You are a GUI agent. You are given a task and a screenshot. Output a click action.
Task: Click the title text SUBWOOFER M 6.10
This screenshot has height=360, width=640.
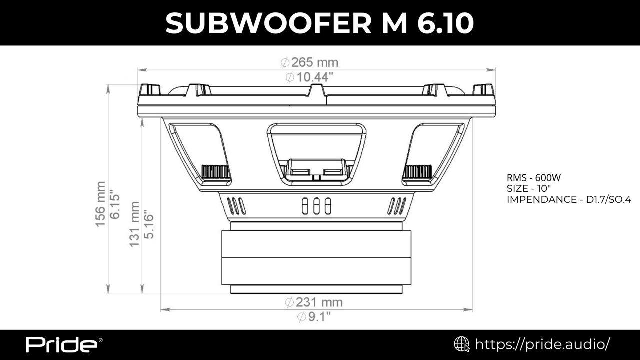[320, 23]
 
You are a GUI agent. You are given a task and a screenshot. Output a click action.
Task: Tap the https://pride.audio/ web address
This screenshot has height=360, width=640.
[542, 344]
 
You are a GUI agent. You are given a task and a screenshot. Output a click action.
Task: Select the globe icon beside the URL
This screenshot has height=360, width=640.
[461, 344]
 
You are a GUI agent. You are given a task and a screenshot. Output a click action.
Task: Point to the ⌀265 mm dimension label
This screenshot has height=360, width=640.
[309, 63]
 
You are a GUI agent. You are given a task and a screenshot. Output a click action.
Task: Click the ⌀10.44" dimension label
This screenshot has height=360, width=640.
[309, 77]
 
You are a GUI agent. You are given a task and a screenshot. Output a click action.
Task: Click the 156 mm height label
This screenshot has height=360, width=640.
[100, 204]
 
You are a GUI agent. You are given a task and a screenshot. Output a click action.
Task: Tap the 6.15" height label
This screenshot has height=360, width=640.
[115, 204]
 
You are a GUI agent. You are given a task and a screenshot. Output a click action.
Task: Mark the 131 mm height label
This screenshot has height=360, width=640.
[134, 224]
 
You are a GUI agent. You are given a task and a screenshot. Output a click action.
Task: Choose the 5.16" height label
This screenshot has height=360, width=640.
[148, 224]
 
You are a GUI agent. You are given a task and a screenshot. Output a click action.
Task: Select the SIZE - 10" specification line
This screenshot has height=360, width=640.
[529, 189]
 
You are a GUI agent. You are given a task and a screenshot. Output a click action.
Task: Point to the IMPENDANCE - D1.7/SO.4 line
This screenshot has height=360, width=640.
[569, 200]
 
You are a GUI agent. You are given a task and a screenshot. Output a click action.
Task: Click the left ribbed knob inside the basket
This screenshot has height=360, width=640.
[216, 172]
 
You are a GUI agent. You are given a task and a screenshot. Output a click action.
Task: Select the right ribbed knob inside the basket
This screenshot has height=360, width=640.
[417, 172]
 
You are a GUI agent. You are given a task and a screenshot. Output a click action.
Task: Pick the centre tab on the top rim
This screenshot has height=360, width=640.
[317, 91]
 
